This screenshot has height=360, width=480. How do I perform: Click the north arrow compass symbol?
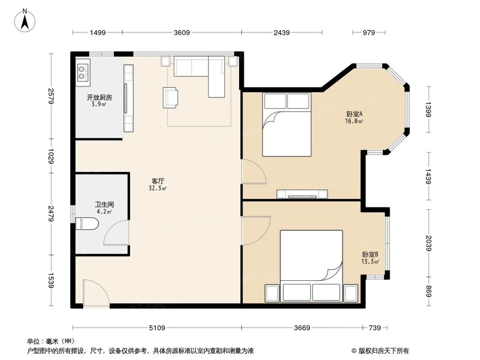click(25, 20)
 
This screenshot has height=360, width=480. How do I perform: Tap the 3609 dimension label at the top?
click(182, 33)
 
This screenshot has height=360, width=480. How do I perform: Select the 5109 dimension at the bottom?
click(157, 328)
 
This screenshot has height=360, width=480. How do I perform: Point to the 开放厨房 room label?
click(99, 97)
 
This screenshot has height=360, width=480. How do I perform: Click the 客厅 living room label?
click(157, 181)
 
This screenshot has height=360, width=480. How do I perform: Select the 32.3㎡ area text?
click(157, 188)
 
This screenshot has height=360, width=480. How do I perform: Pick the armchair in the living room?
click(170, 97)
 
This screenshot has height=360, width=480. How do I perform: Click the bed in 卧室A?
click(287, 125)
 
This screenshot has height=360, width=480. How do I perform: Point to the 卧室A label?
click(355, 114)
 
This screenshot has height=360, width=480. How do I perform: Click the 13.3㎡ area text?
click(370, 262)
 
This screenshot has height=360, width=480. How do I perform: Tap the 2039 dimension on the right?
click(428, 243)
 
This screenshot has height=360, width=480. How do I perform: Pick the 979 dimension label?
click(369, 33)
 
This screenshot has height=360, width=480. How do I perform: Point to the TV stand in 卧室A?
click(302, 194)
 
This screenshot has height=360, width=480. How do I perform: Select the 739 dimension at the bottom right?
click(375, 328)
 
